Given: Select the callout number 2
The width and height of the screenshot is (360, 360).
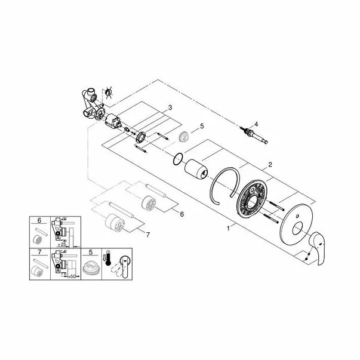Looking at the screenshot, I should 270,164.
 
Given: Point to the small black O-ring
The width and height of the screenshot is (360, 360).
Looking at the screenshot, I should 175,159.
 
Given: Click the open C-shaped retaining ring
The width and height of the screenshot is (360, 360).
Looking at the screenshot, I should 223,186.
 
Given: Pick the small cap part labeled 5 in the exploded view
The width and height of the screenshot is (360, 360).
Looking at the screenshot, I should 187,136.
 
